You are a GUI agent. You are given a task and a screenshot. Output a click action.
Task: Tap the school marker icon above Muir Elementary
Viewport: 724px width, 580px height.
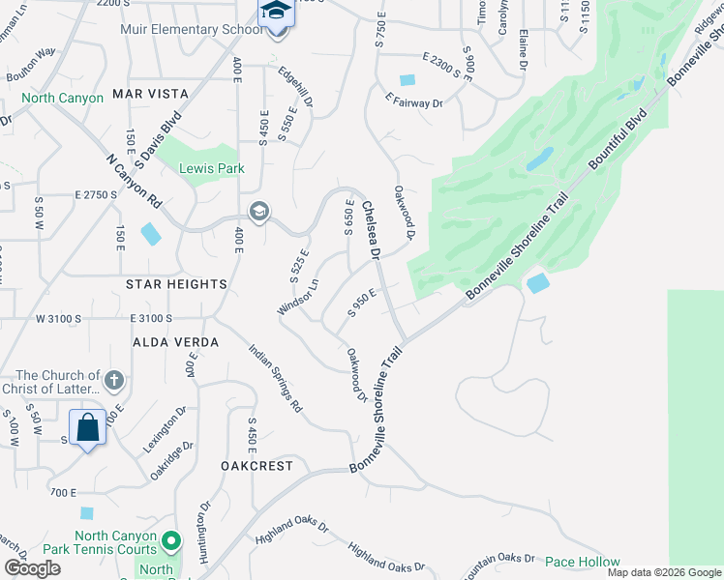[x=275, y=12]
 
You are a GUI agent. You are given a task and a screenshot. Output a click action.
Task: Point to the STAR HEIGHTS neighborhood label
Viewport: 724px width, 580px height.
[x=175, y=284]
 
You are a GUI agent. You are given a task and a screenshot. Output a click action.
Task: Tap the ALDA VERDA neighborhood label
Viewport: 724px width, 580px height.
[x=170, y=342]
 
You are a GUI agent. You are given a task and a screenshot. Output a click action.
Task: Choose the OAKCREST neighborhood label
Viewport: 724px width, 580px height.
[x=256, y=465]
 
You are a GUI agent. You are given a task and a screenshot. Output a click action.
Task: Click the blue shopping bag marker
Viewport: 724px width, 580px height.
[x=87, y=426]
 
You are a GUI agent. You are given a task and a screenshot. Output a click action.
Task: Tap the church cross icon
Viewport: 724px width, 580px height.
[x=114, y=379]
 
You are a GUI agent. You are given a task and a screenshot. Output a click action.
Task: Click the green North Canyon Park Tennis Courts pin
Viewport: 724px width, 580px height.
[x=171, y=538]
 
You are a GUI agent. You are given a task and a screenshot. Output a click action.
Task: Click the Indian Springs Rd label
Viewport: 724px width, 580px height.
[x=276, y=381]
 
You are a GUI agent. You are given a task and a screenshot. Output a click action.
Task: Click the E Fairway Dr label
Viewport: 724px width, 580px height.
[x=413, y=101]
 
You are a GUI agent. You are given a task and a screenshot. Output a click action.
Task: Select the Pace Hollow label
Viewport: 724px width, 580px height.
[x=582, y=562]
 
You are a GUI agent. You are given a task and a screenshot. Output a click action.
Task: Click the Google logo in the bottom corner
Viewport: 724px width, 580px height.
[x=32, y=568]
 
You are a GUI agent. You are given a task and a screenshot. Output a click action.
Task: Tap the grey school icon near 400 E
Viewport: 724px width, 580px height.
[x=258, y=211]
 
